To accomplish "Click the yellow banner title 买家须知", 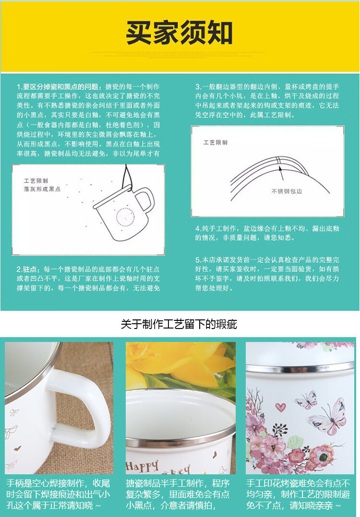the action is (x=179, y=32).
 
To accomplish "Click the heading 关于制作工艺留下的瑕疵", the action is (x=179, y=324).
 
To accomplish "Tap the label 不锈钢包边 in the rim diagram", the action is (x=287, y=191).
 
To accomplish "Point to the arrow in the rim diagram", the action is (x=281, y=173).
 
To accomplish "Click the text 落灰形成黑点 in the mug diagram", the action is (x=42, y=189).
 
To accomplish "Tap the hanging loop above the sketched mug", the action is (x=127, y=177).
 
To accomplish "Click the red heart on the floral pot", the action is (x=280, y=407).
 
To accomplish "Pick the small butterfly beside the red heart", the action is (x=306, y=400).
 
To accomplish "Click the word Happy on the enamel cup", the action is (x=142, y=466).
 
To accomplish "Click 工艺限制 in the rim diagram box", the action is (x=215, y=142).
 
